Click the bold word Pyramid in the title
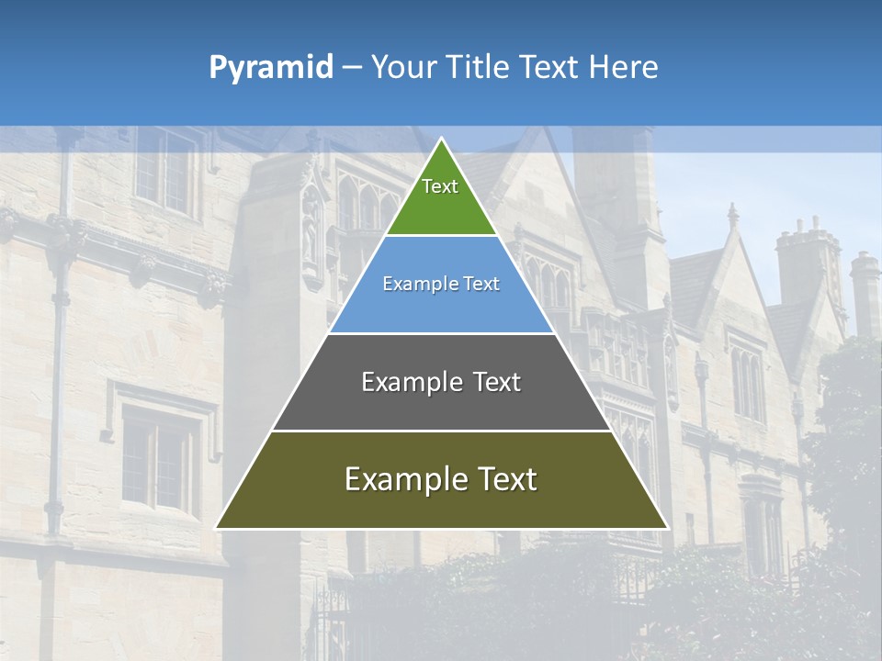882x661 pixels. tap(270, 68)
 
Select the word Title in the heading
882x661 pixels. tap(479, 68)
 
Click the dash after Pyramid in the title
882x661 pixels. tap(352, 68)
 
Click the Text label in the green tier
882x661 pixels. tap(440, 186)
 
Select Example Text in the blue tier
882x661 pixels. tap(441, 284)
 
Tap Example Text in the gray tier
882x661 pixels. tap(441, 382)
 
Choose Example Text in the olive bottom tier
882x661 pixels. tap(441, 479)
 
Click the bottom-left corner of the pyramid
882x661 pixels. tap(216, 528)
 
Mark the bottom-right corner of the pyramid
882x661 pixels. tap(667, 528)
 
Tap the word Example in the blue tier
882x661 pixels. tap(413, 284)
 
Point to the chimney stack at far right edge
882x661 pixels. tap(865, 289)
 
